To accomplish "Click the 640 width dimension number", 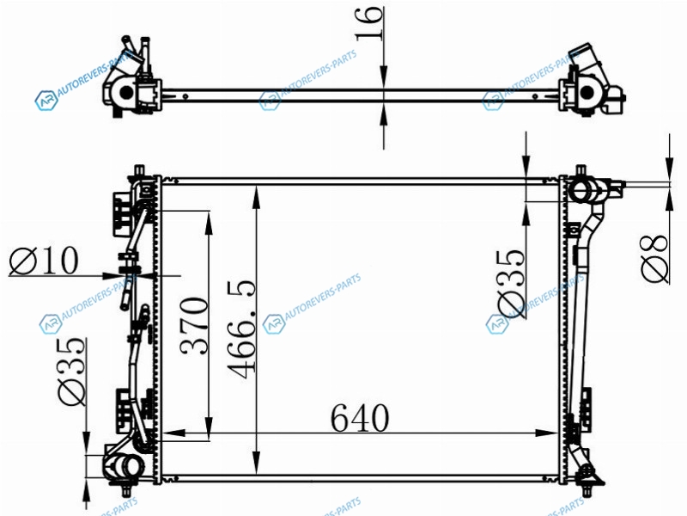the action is coord(359,418).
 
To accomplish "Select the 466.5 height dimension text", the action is coord(241,329).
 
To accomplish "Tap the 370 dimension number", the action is coord(194,326).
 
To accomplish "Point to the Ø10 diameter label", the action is coord(44,261).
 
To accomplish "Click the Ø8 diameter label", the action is coord(655,259).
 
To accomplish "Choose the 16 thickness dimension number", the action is coord(369,23).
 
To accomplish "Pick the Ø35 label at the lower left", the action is coord(72,372).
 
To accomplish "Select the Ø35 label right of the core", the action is coord(510,284).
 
